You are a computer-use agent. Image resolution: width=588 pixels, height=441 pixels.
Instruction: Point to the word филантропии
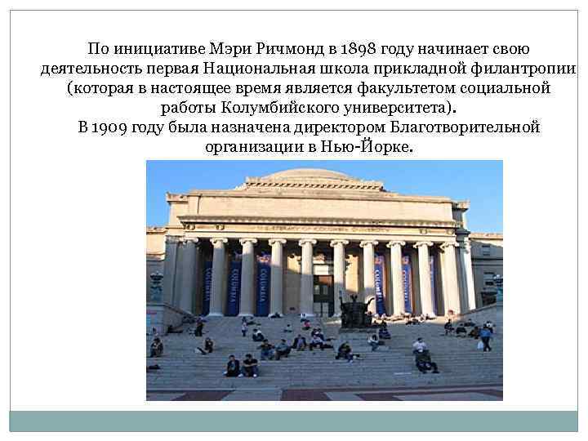click(531, 67)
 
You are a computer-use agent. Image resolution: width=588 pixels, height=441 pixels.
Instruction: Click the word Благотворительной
click(465, 128)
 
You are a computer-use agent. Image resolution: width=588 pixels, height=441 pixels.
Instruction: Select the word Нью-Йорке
click(374, 149)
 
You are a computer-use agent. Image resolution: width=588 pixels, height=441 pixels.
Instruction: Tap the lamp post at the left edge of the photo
click(156, 286)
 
